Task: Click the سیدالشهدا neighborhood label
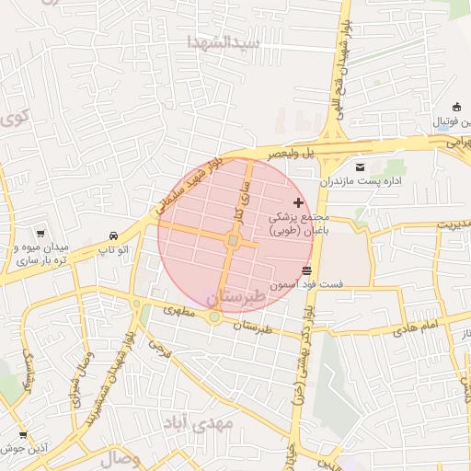[224, 42]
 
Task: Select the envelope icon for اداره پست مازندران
[359, 167]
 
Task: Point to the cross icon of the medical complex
[297, 201]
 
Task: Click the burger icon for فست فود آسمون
[306, 270]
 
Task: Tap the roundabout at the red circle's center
[234, 241]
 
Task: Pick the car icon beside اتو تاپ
[112, 235]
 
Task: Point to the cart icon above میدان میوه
[40, 235]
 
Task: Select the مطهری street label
[180, 313]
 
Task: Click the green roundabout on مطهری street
[214, 317]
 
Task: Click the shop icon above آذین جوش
[23, 434]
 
